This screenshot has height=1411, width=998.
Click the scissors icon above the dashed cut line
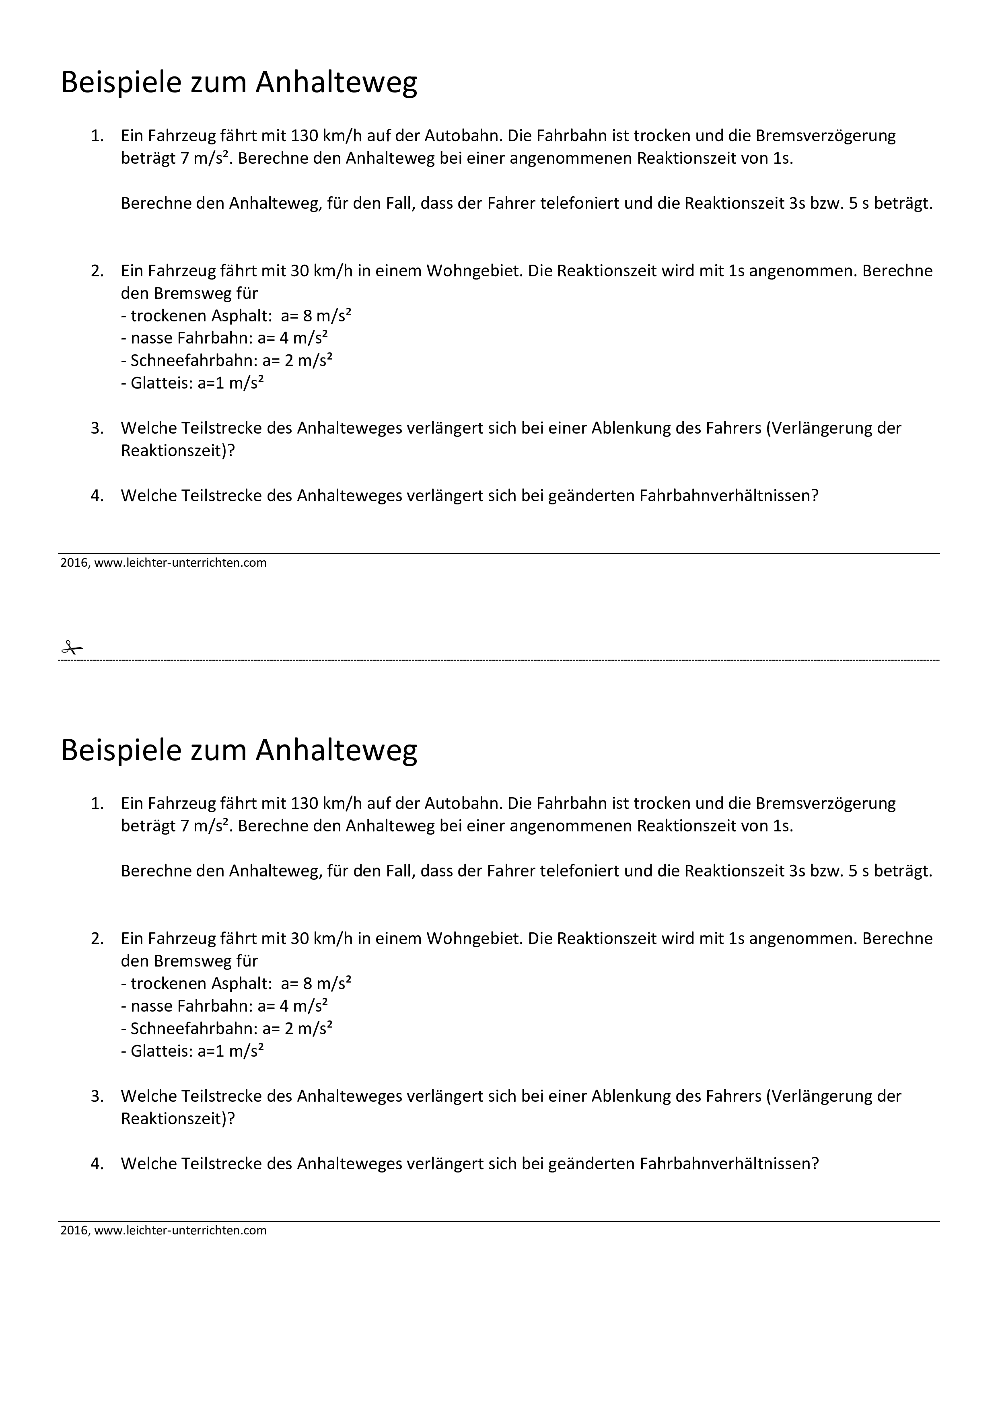tap(71, 647)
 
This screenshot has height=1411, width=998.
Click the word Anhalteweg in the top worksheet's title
tap(336, 82)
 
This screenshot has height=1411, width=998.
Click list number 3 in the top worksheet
tap(97, 428)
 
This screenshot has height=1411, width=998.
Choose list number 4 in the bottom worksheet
tap(97, 1163)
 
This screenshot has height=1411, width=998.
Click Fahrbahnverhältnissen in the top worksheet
tap(729, 495)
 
